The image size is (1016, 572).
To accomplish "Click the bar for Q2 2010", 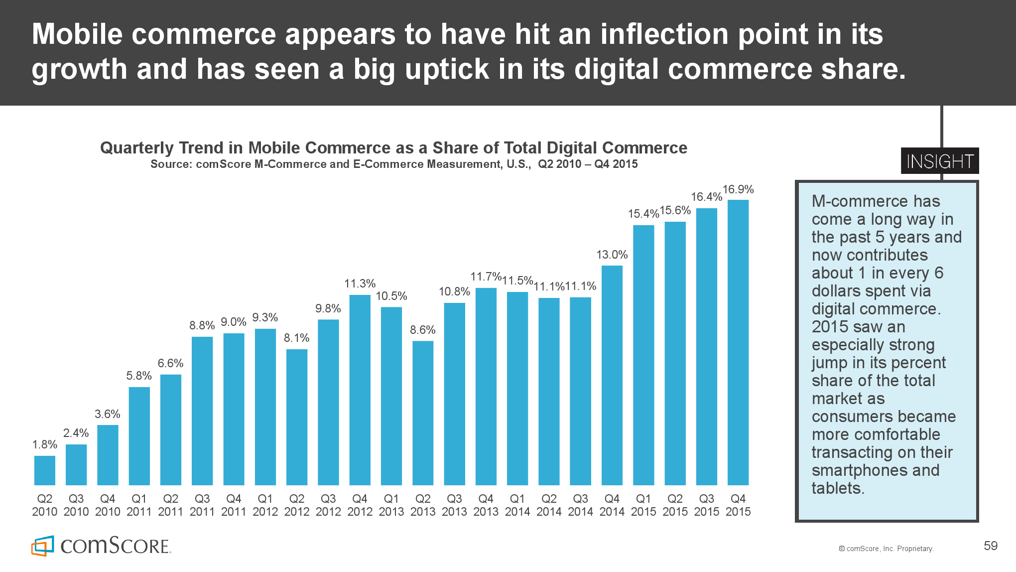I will (x=45, y=470).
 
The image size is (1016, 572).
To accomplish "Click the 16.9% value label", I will (x=738, y=189).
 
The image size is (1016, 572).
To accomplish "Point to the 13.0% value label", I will (x=612, y=255).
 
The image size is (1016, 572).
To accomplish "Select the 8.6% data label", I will (x=423, y=330).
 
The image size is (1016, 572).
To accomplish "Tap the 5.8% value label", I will (x=139, y=376).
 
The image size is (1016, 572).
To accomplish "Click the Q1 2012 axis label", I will (x=265, y=505).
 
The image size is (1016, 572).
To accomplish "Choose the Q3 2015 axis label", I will (x=706, y=505).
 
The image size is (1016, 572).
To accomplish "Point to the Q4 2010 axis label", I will (x=108, y=505).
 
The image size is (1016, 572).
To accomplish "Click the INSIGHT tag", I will (x=940, y=161).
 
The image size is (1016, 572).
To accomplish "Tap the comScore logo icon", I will (x=43, y=546).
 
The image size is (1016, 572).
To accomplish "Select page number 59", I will (x=991, y=546).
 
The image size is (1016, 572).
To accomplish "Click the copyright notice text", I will (x=886, y=549).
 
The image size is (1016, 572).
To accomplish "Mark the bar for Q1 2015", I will (x=643, y=355).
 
